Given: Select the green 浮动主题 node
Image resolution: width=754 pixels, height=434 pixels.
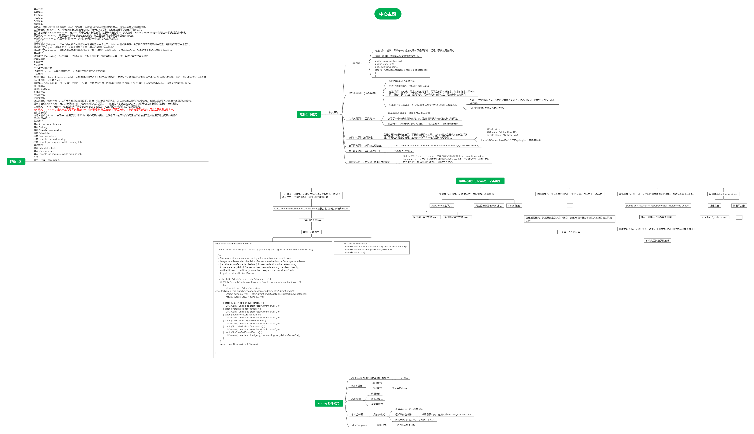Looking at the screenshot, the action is (16, 162).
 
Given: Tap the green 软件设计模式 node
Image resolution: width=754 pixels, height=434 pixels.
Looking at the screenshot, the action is (308, 114).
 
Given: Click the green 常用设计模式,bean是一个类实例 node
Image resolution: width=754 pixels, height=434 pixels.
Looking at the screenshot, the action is (480, 181).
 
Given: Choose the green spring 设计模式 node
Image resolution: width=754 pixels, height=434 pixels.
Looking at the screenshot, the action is (329, 403).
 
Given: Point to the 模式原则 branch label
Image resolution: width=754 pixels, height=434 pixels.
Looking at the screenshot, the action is (334, 113).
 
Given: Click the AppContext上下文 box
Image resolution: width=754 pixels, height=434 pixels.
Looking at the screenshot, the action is (441, 206).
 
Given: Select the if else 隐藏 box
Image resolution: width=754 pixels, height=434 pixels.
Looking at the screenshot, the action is (514, 206).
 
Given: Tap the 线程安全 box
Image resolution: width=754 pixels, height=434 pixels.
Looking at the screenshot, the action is (714, 206).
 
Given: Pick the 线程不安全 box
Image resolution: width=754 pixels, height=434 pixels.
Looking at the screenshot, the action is (739, 206).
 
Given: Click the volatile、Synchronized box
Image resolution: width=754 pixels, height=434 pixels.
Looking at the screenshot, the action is (714, 217).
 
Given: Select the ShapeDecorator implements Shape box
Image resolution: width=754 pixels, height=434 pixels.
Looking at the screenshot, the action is (657, 206).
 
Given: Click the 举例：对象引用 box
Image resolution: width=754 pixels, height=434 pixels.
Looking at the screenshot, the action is (311, 232).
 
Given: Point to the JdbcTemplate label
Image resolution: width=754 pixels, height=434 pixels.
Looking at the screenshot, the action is (359, 425).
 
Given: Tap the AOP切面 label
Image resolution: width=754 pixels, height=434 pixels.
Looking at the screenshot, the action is (356, 399).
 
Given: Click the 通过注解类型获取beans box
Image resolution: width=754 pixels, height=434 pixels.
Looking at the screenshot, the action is (457, 217).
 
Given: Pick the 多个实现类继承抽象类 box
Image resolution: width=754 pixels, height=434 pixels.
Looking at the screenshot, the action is (657, 241).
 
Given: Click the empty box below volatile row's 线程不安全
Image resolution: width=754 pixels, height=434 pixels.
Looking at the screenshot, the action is (739, 217).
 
